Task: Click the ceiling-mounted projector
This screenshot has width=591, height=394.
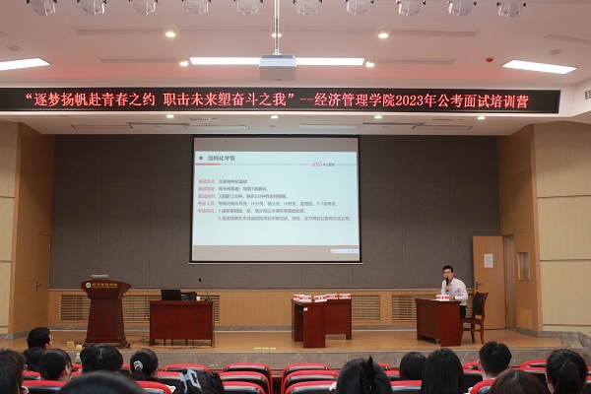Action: pos(278,67)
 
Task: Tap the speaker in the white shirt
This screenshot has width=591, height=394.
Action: pos(453,290)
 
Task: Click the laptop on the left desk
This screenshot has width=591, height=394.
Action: pos(170,295)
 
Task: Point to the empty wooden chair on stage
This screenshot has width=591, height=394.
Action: pos(478,314)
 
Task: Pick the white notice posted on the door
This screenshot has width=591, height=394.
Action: pos(488,260)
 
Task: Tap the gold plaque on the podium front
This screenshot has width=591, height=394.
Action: pos(104,286)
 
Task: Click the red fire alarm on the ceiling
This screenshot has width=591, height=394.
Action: pos(490,59)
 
